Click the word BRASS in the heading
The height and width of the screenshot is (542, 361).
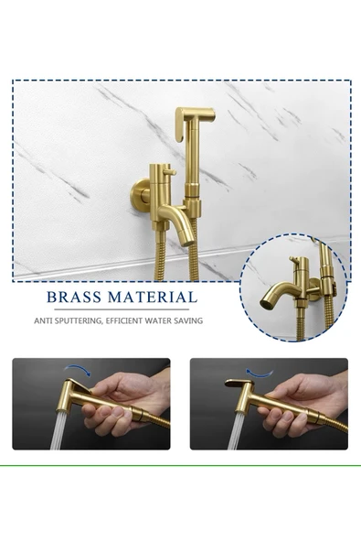pyautogui.click(x=77, y=297)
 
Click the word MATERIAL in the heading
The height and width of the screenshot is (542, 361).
pyautogui.click(x=153, y=297)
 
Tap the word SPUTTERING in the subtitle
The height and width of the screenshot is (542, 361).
pyautogui.click(x=85, y=320)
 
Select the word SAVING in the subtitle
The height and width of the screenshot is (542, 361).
pyautogui.click(x=187, y=320)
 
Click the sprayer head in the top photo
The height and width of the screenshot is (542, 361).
pyautogui.click(x=195, y=120)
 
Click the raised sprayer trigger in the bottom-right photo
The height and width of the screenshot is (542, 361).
pyautogui.click(x=239, y=384)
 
